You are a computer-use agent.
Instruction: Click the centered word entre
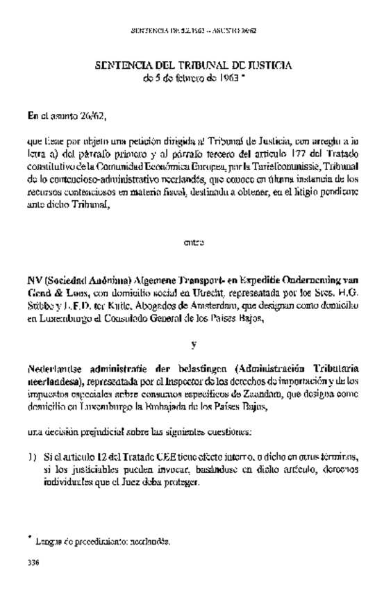pyautogui.click(x=193, y=242)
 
